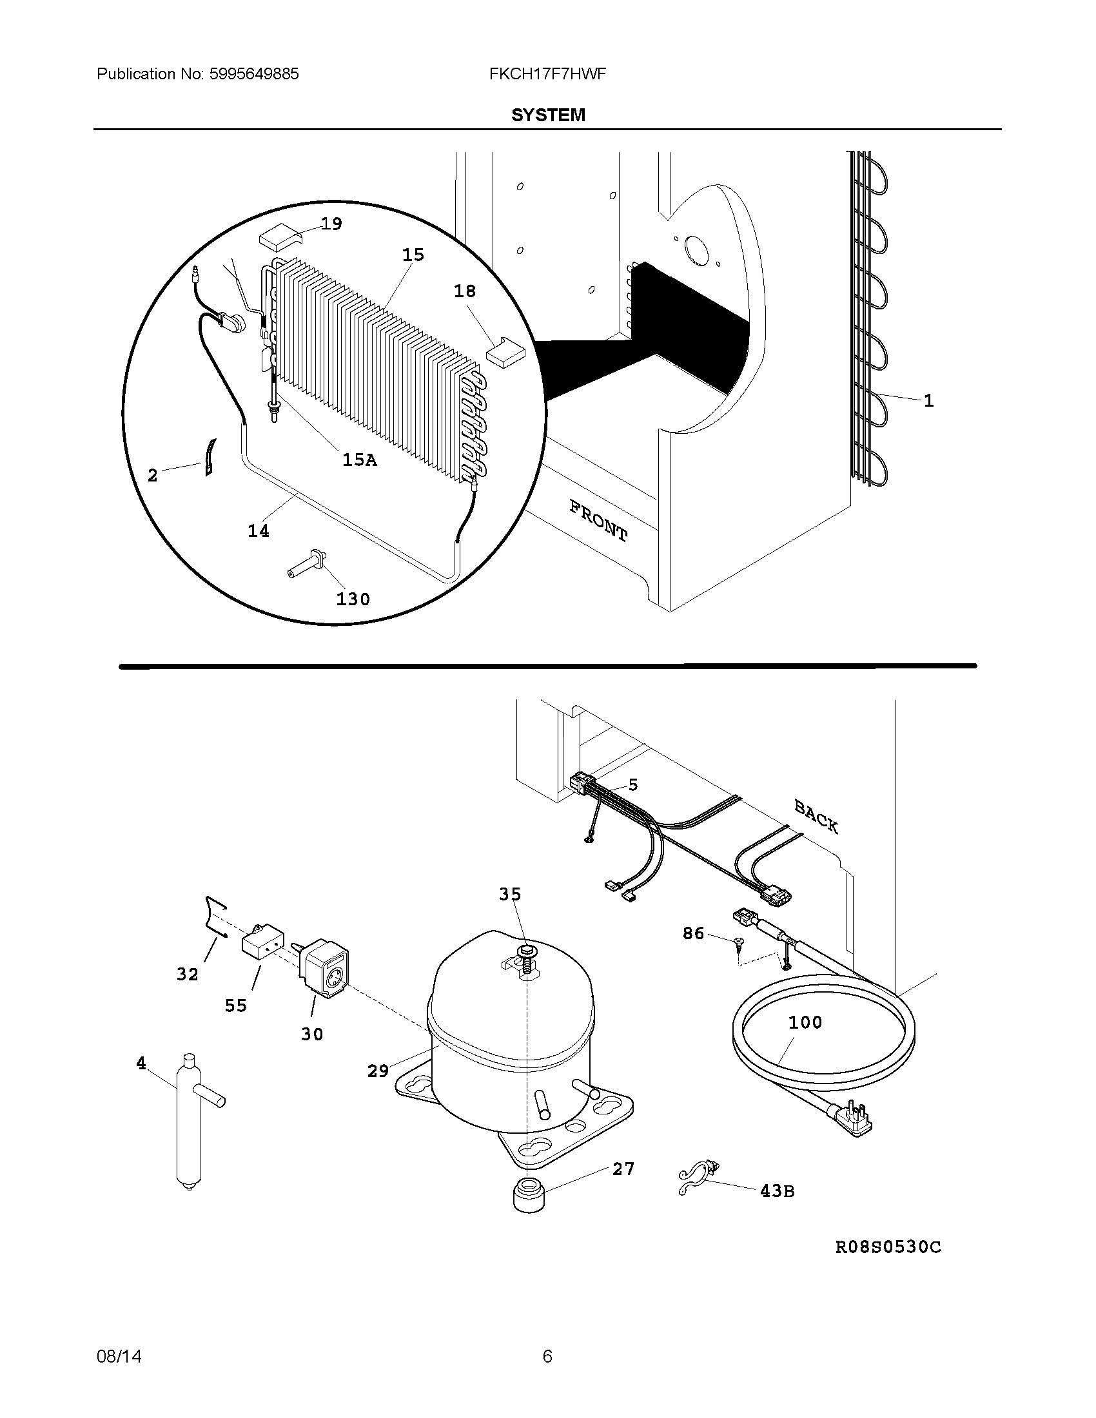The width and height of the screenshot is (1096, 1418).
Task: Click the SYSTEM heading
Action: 548,115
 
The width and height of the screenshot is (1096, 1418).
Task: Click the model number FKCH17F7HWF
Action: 547,74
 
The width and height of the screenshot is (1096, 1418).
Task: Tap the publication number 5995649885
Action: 253,74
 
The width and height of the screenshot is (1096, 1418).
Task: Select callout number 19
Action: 331,224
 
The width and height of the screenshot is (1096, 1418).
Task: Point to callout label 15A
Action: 359,460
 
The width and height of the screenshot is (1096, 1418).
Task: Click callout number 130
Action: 353,599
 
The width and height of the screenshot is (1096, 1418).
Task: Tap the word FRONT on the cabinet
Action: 598,521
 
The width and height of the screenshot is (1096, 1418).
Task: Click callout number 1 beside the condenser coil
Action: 928,401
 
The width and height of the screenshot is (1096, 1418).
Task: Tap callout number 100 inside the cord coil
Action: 805,1022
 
